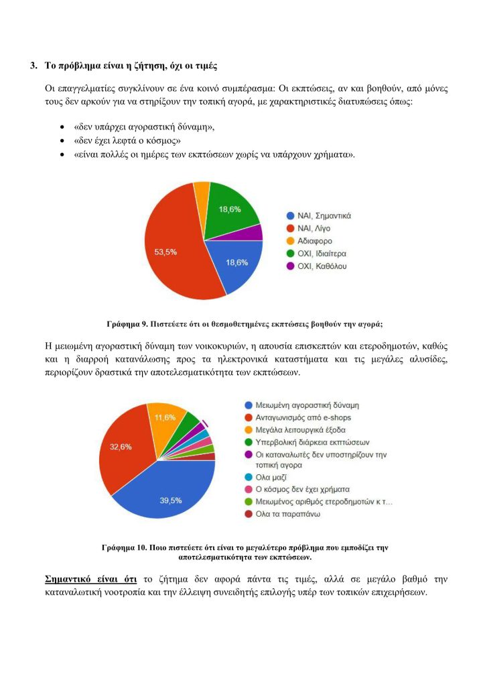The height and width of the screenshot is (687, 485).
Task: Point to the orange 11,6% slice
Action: tap(163, 419)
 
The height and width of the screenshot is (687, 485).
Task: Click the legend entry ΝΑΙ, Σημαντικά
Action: tap(319, 215)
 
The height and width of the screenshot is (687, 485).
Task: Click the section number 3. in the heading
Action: tap(33, 66)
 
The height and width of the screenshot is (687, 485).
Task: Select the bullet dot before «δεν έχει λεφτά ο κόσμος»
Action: tap(62, 140)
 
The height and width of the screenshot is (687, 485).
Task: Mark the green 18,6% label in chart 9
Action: tap(230, 209)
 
